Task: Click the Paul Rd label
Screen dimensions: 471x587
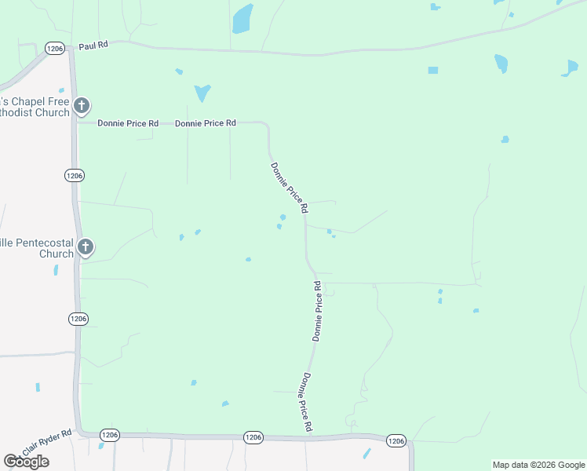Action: click(x=93, y=46)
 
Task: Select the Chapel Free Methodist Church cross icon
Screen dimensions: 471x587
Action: click(x=81, y=106)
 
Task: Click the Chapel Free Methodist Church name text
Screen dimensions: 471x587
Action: click(x=35, y=108)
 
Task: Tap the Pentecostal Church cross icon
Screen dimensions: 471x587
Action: click(x=86, y=248)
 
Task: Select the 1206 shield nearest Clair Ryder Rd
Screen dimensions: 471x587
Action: click(x=110, y=435)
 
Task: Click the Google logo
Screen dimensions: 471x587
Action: click(x=26, y=462)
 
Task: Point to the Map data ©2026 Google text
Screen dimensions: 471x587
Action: click(x=538, y=465)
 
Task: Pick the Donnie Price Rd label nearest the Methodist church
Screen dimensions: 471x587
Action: click(x=128, y=123)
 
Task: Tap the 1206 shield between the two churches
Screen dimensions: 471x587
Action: click(x=74, y=174)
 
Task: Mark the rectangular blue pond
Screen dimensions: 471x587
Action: click(x=433, y=71)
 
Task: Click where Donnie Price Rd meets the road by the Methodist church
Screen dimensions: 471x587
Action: click(x=77, y=122)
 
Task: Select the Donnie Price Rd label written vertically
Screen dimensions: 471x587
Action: click(x=318, y=311)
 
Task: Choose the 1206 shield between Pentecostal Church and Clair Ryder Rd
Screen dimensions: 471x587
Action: click(x=77, y=319)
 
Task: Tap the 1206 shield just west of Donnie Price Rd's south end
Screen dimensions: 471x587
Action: click(x=253, y=437)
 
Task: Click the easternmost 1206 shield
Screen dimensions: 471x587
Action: click(x=396, y=441)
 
